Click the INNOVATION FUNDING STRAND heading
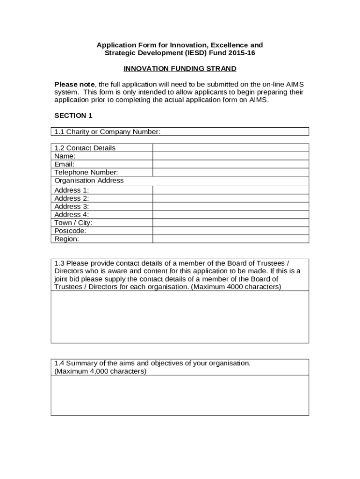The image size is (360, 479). tap(180, 69)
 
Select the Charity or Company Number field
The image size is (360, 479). tap(234, 132)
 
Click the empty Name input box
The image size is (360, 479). tap(230, 156)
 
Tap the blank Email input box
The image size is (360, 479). tap(230, 164)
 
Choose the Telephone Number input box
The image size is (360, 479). tap(230, 172)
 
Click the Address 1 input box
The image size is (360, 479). tap(230, 190)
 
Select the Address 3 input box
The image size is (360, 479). tap(230, 206)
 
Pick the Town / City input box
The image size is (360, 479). tap(230, 223)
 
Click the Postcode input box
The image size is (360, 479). tap(230, 231)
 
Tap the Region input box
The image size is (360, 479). tap(230, 239)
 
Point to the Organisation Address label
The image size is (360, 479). tap(89, 181)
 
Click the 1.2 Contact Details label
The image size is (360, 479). tap(85, 148)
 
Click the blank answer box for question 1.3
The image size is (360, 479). tap(180, 317)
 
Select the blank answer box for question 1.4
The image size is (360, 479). tap(180, 395)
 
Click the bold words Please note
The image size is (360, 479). tap(74, 84)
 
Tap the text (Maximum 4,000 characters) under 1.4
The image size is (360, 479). tap(101, 371)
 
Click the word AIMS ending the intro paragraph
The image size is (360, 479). tap(259, 100)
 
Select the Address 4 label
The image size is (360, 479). tap(72, 215)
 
